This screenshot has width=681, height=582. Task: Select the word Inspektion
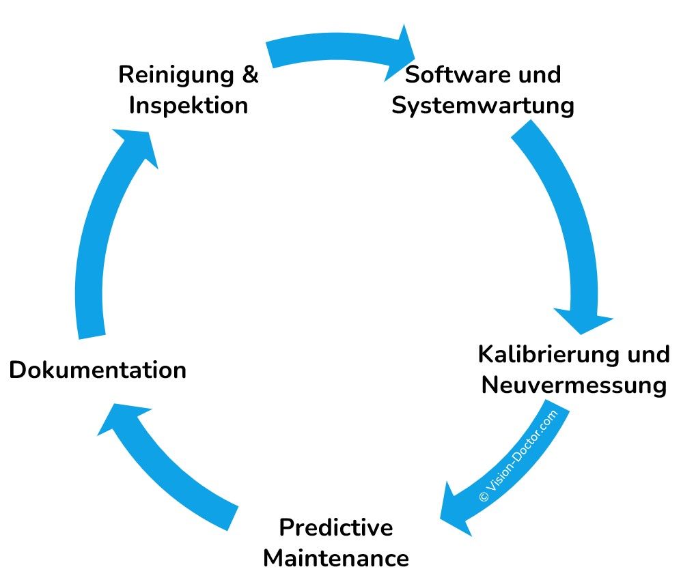[x=188, y=106]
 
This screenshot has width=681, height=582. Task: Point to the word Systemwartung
[x=482, y=106]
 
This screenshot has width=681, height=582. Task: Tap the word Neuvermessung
[x=574, y=385]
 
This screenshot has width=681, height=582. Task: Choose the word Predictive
[x=336, y=527]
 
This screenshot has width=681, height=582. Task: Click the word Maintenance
[x=336, y=558]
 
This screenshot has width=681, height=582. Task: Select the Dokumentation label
[x=98, y=370]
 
